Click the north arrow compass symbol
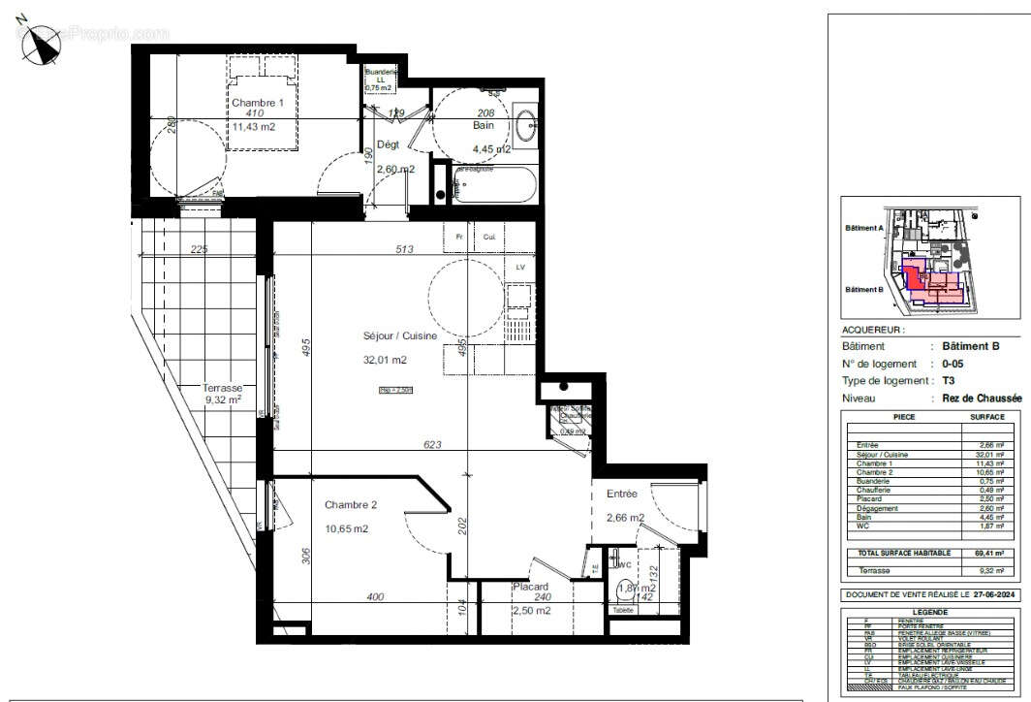(x=41, y=44)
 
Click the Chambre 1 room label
(x=257, y=103)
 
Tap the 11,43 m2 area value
(x=254, y=126)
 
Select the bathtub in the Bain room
(x=493, y=184)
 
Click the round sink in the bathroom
(x=528, y=126)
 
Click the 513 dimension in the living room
(x=405, y=249)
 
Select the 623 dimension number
(x=432, y=445)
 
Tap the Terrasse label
(x=223, y=387)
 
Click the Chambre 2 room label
(x=351, y=505)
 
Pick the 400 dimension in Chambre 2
(x=375, y=596)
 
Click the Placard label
(x=531, y=587)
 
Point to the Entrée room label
(x=622, y=494)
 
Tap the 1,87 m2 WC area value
(x=637, y=588)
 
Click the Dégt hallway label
(x=389, y=144)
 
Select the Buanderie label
(x=381, y=73)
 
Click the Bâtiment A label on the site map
(x=863, y=230)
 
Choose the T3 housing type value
(x=950, y=381)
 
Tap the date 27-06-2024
(x=989, y=593)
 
